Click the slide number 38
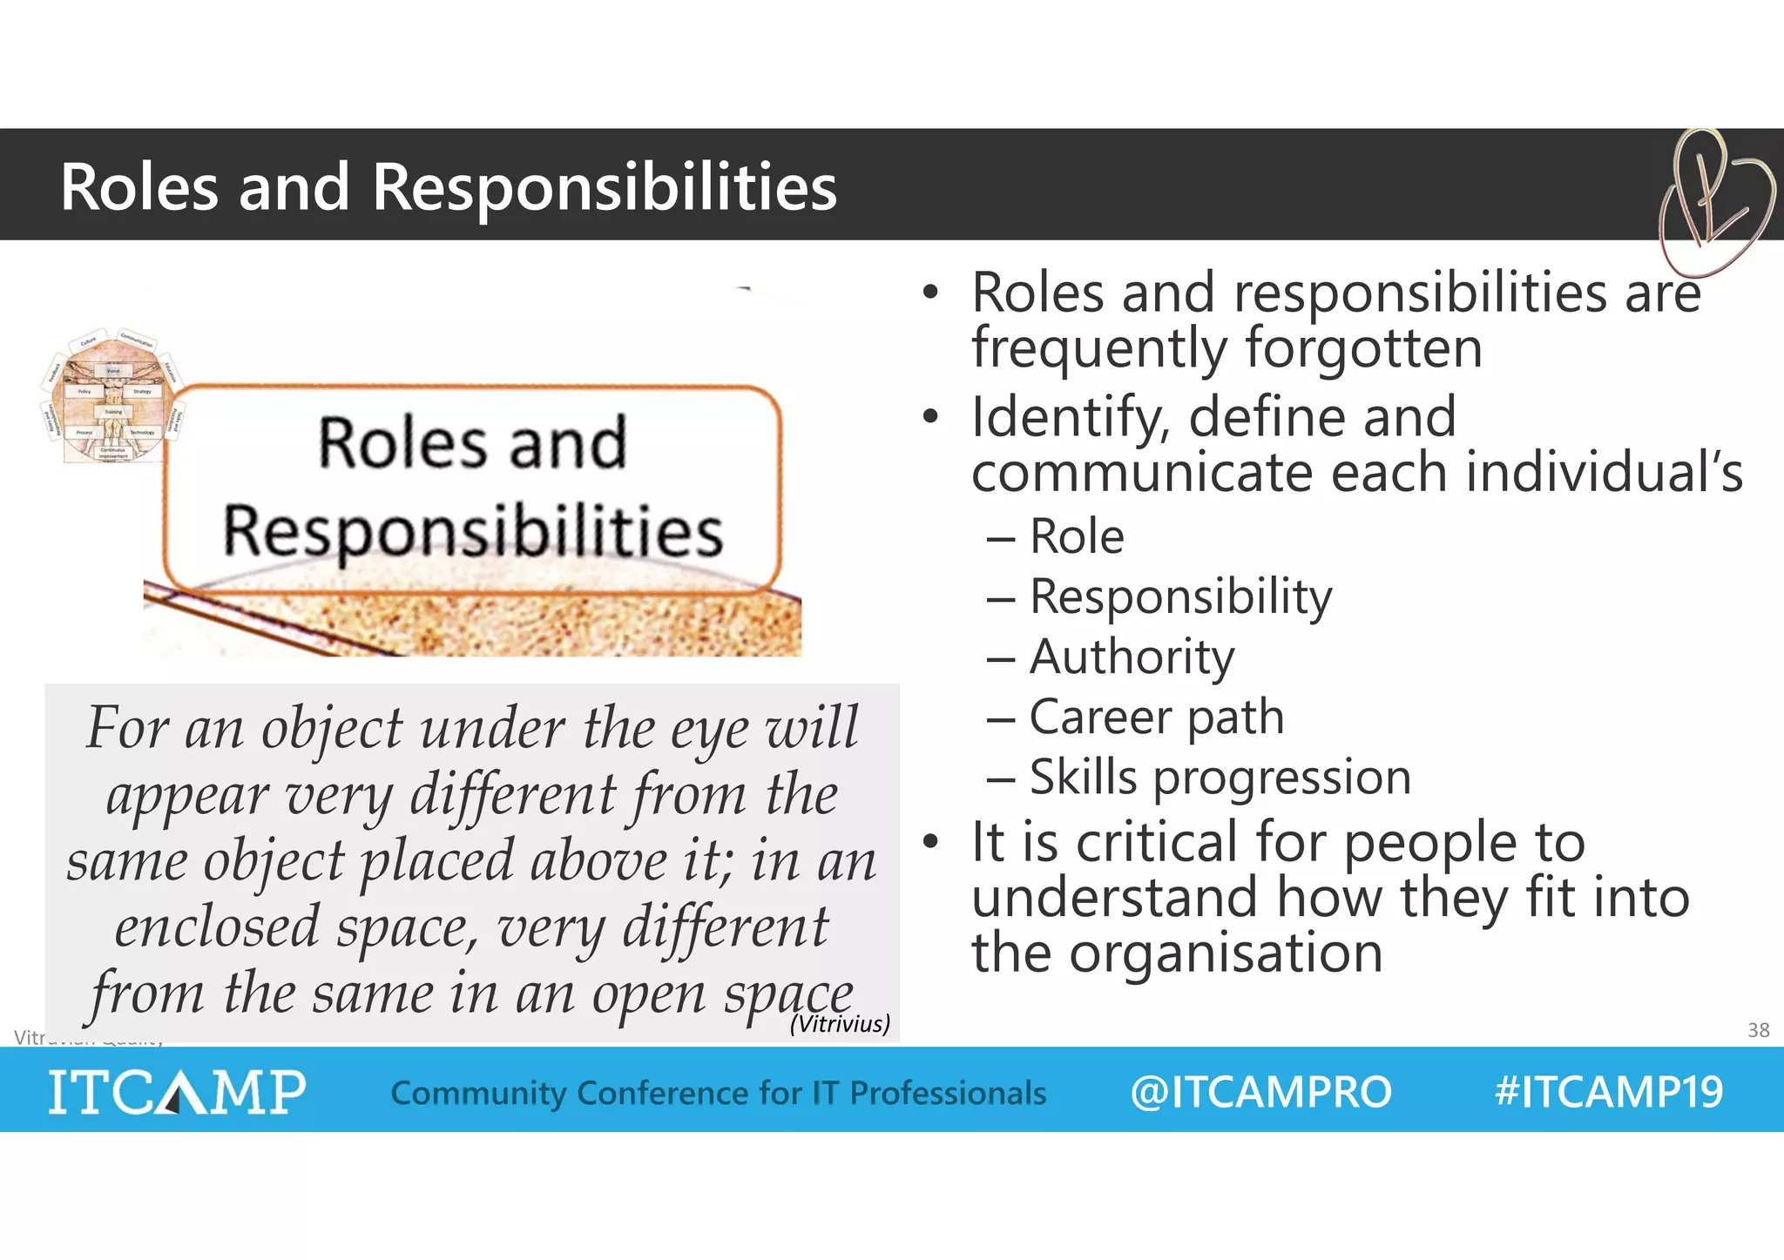click(x=1758, y=1030)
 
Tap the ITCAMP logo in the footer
click(x=177, y=1092)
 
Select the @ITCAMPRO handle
click(x=1260, y=1092)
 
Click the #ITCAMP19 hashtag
click(x=1608, y=1092)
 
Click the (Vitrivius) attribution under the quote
click(x=840, y=1024)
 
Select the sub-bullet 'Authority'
click(x=1132, y=657)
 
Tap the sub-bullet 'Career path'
click(x=1156, y=717)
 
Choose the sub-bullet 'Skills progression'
click(x=1220, y=777)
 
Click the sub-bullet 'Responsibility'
click(x=1180, y=597)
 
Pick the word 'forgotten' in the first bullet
click(x=1363, y=348)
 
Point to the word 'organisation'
click(x=1226, y=953)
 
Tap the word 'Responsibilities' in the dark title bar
click(x=604, y=187)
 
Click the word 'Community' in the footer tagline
click(x=477, y=1093)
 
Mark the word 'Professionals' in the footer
click(x=948, y=1093)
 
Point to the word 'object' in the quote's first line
click(x=332, y=729)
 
